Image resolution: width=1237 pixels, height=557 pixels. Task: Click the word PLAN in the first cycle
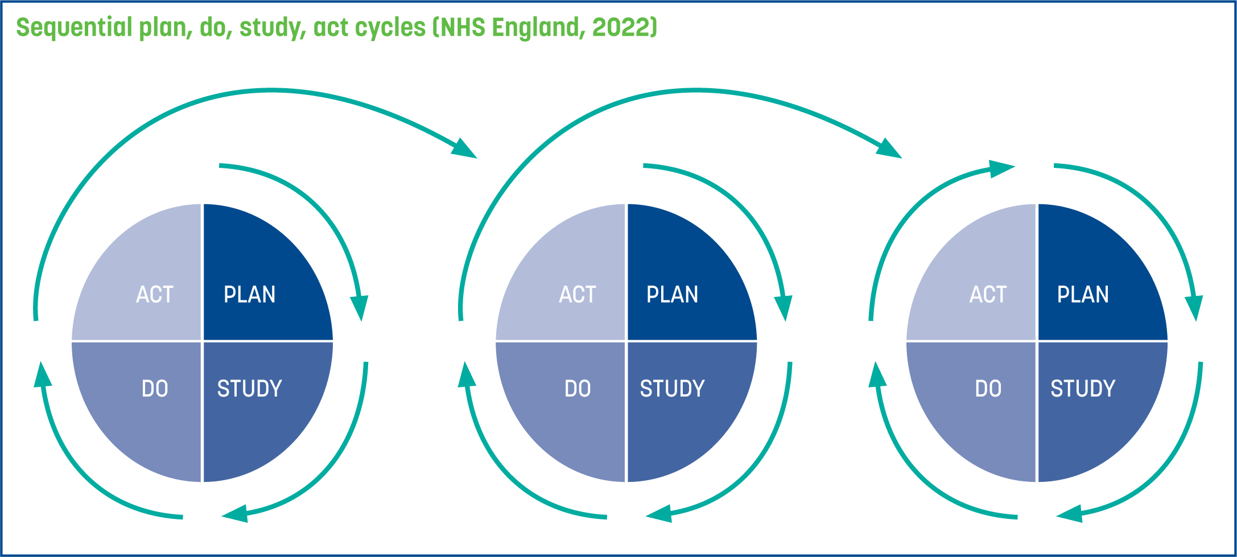[x=250, y=295]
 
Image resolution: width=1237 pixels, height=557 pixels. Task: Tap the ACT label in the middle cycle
[x=578, y=295]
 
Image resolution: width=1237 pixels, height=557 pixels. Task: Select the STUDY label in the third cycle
[x=1083, y=389]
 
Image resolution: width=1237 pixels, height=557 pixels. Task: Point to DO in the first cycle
[x=155, y=389]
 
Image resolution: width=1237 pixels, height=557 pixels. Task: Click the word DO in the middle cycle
[x=578, y=389]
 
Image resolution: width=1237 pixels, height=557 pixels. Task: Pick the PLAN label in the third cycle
[x=1083, y=295]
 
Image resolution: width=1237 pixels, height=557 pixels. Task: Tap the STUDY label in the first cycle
[x=250, y=389]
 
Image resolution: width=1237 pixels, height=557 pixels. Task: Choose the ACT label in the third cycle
[x=988, y=295]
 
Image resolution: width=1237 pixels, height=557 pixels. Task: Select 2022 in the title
[x=624, y=27]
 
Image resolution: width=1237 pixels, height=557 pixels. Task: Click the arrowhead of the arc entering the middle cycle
[x=464, y=148]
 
